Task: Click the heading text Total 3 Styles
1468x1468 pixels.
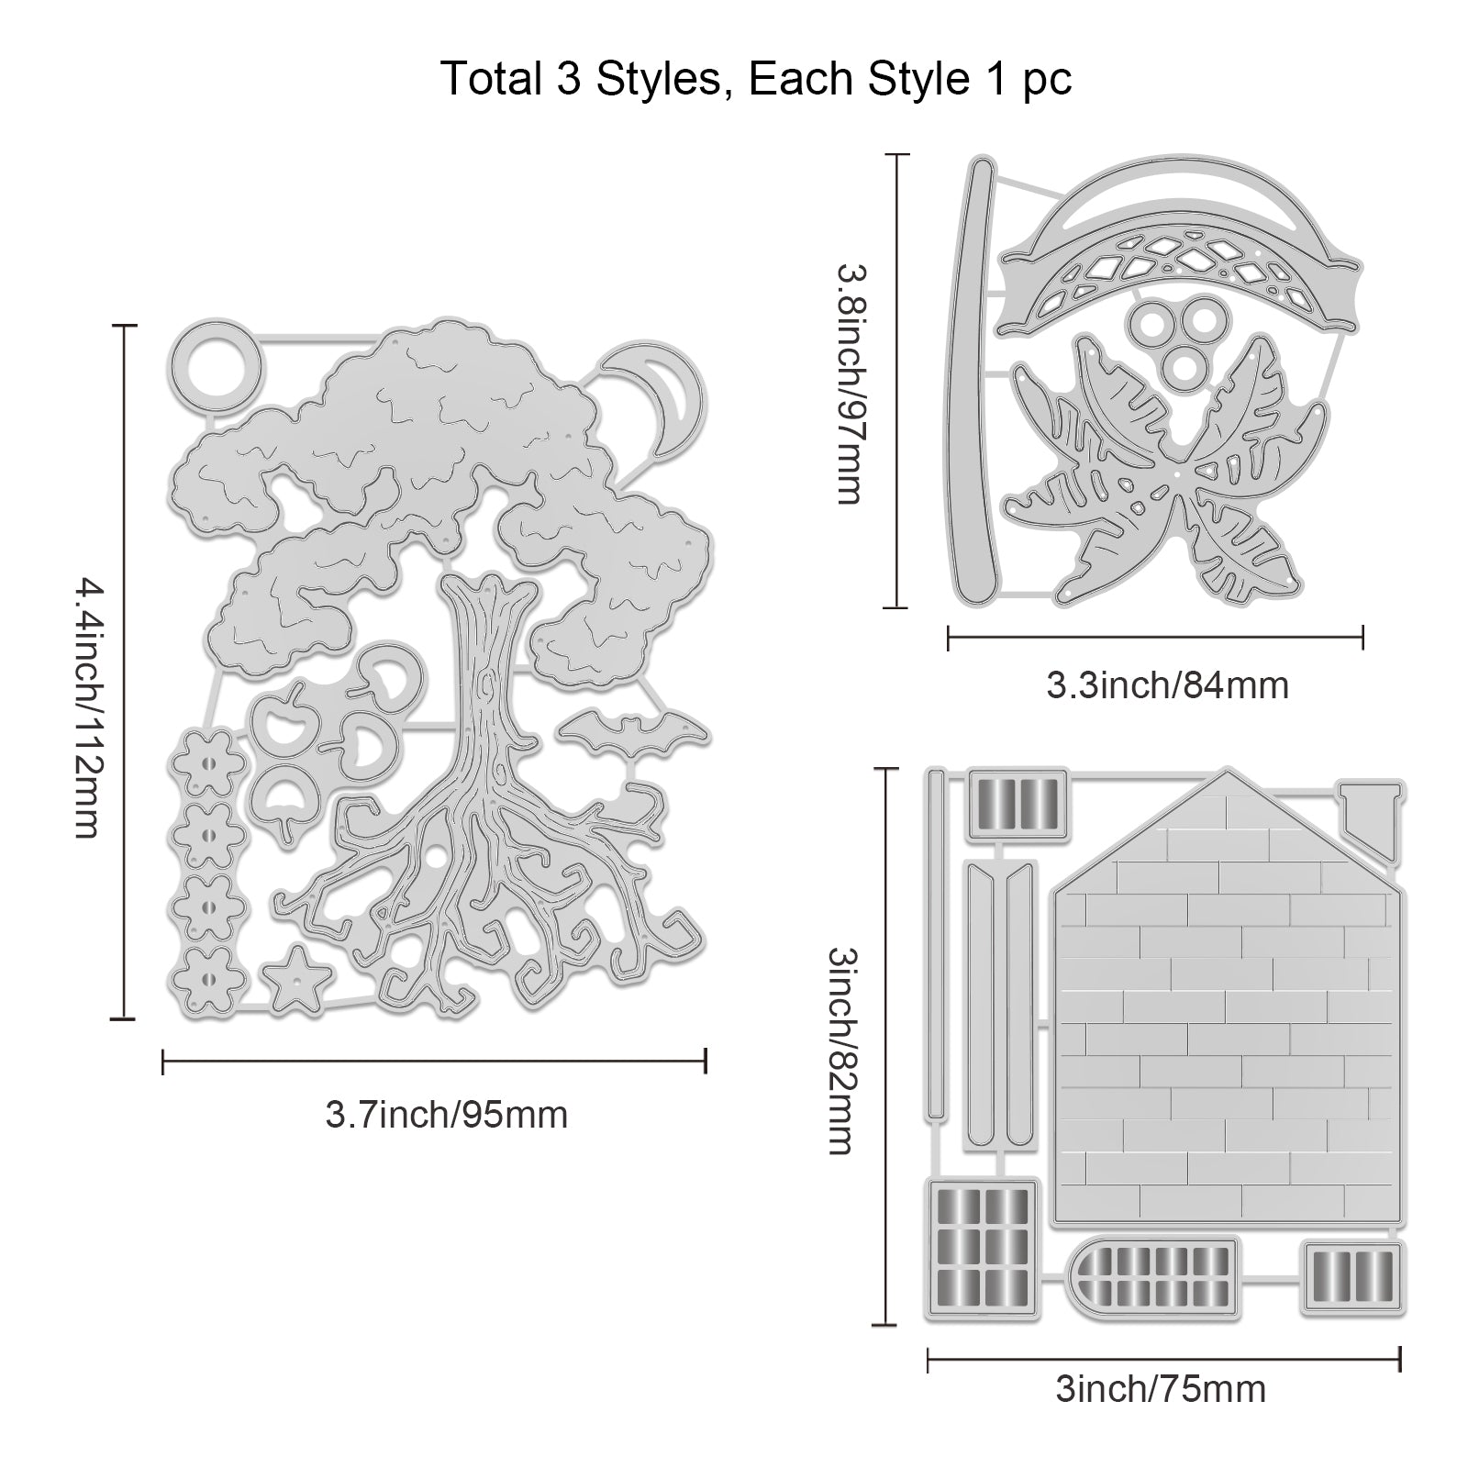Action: point(582,79)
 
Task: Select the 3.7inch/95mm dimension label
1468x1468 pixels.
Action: point(447,1115)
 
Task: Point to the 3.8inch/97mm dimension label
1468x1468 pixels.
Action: point(849,383)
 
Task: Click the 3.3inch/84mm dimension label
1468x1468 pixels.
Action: point(1168,685)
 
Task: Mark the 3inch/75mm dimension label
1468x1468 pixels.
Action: point(1161,1389)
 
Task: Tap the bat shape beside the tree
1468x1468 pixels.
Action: point(634,731)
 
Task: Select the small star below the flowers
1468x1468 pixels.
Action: point(295,980)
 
